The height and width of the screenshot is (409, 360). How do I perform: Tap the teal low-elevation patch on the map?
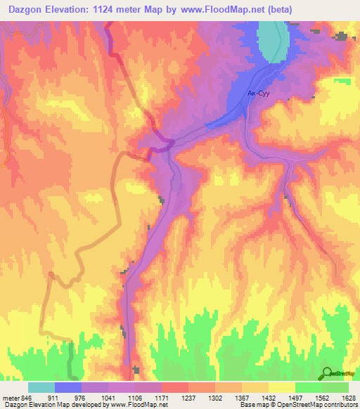point(271,41)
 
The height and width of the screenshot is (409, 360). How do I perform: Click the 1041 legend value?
point(108,397)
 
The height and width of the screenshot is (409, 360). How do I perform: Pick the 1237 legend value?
point(188,397)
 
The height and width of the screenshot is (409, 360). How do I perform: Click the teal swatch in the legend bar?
point(41,387)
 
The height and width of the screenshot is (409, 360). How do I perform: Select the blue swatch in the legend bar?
point(67,387)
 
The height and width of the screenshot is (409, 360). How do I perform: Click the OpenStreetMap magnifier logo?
point(328,373)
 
